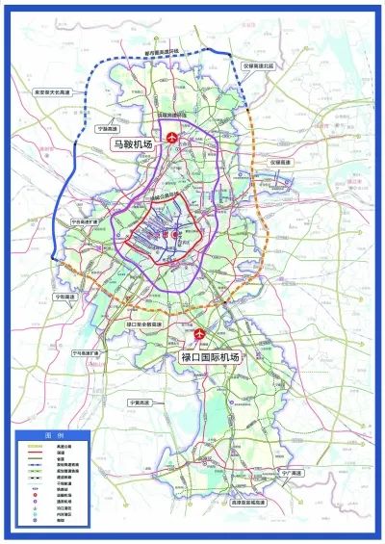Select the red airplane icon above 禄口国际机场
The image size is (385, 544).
200,334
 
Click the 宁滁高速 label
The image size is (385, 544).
106,127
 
